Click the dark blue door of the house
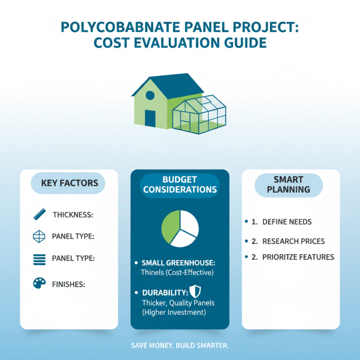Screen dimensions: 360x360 click(150, 117)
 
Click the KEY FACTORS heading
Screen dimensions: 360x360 click(69, 183)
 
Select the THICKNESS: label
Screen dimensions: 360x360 click(73, 215)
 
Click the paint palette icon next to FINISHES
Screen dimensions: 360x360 click(39, 283)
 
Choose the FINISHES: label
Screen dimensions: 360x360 click(69, 284)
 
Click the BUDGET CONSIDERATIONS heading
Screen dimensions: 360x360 click(180, 184)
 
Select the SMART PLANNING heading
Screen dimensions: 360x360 click(288, 184)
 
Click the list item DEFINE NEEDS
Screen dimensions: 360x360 click(287, 222)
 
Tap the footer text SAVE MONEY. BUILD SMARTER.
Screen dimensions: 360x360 click(180, 346)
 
